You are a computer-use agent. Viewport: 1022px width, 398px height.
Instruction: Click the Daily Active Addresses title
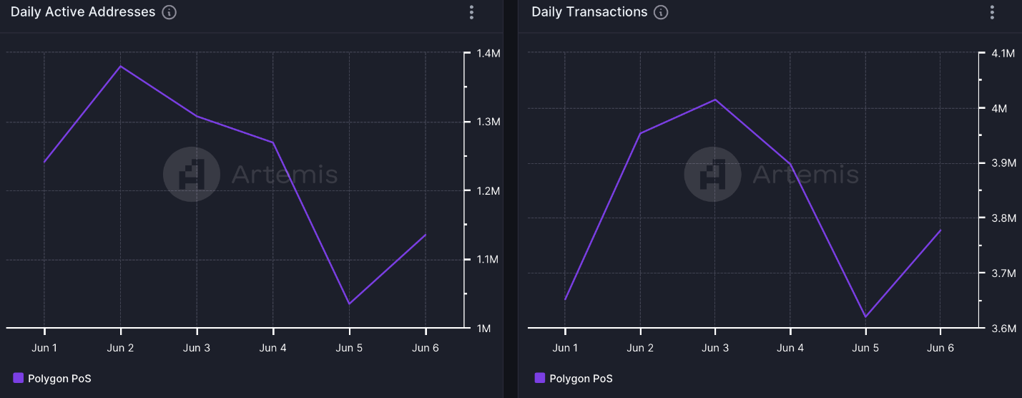(83, 12)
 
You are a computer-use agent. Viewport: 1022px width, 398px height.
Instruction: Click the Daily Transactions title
(589, 12)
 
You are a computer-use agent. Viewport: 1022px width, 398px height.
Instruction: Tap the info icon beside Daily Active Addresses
(169, 12)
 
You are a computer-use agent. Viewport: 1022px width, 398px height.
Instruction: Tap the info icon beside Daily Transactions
(661, 12)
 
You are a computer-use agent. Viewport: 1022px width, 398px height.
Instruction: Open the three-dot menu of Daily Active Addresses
(471, 12)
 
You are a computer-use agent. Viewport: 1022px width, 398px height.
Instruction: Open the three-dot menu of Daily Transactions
(992, 12)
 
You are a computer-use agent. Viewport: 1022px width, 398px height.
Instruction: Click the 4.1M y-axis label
(1003, 54)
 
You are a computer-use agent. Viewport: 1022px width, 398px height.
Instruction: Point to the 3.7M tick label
(1003, 273)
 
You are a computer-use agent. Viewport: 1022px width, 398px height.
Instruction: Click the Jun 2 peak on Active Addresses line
(120, 66)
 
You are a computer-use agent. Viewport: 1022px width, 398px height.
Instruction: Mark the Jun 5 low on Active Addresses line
(349, 304)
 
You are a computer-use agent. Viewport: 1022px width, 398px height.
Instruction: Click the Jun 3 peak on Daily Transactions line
(715, 99)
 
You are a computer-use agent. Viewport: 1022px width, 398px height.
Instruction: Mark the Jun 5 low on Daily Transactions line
(865, 316)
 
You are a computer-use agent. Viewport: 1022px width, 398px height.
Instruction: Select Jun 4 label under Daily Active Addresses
(273, 348)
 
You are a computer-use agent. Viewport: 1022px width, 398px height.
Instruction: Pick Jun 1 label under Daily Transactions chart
(565, 348)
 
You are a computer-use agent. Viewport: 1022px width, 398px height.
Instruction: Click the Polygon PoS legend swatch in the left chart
(19, 378)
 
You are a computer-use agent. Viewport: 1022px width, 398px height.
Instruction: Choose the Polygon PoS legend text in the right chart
(581, 378)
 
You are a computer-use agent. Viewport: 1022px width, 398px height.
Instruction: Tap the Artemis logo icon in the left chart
(191, 174)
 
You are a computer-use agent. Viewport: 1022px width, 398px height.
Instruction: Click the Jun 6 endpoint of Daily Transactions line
(940, 230)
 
